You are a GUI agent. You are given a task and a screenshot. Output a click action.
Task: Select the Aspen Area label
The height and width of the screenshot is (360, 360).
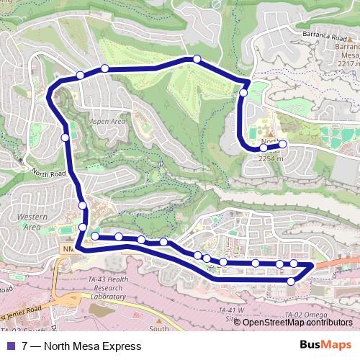point(108,122)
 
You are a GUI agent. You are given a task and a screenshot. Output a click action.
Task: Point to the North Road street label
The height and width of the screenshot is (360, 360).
point(48,173)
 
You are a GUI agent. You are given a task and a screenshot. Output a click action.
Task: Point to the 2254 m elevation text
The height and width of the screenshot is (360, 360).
point(271,158)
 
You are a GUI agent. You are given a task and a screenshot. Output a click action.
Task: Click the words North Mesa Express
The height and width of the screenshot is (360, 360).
point(91,346)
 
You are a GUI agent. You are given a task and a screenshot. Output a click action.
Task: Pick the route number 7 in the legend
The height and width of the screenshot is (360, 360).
point(25,346)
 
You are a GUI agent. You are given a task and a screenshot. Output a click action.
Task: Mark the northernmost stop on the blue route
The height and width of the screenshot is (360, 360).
point(195,59)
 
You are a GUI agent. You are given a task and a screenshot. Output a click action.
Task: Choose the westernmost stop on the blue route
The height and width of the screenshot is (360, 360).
point(65,137)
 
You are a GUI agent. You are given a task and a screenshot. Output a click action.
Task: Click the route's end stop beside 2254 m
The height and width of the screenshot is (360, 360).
point(282,144)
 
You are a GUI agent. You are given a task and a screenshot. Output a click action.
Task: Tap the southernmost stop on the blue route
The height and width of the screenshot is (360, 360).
point(291,281)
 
